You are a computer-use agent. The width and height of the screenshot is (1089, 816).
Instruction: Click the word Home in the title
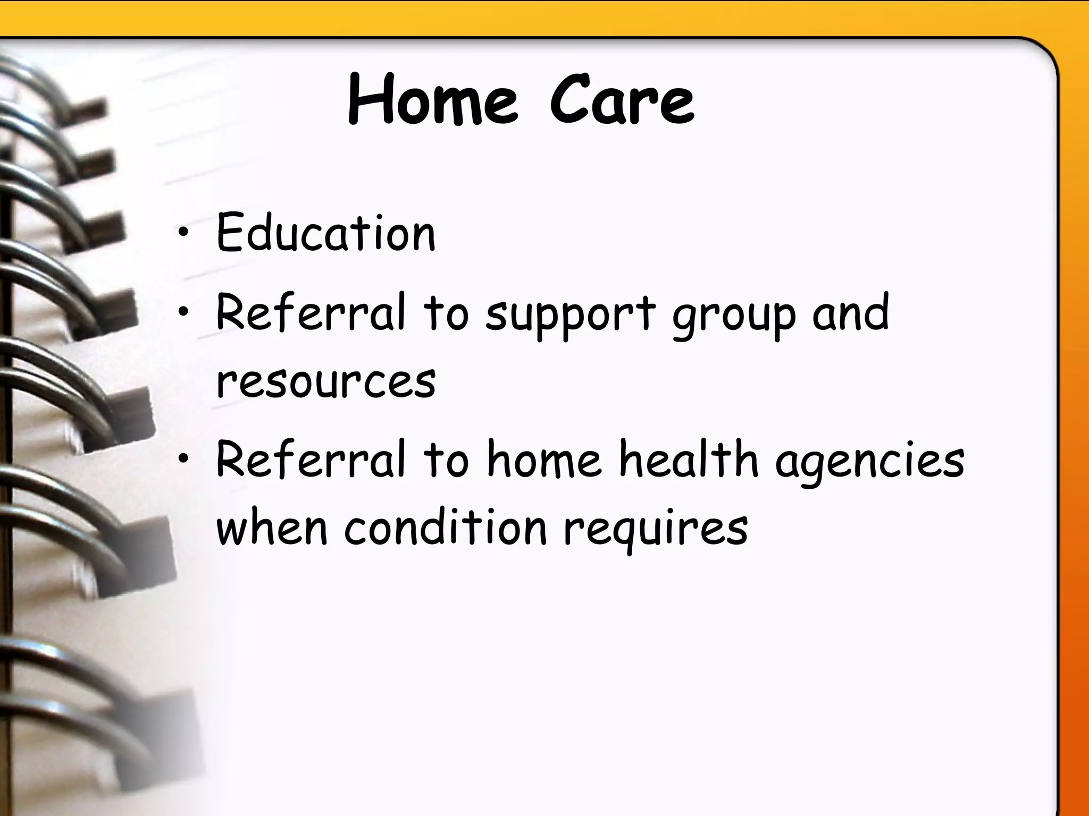click(432, 101)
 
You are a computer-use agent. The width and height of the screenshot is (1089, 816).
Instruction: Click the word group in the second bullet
click(734, 317)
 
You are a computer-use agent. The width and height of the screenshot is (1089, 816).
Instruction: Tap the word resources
click(326, 381)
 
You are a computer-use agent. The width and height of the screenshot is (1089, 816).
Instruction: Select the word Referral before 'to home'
click(311, 460)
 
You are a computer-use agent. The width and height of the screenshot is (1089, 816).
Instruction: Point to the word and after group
click(850, 313)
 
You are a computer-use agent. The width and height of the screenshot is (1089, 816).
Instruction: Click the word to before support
click(446, 313)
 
